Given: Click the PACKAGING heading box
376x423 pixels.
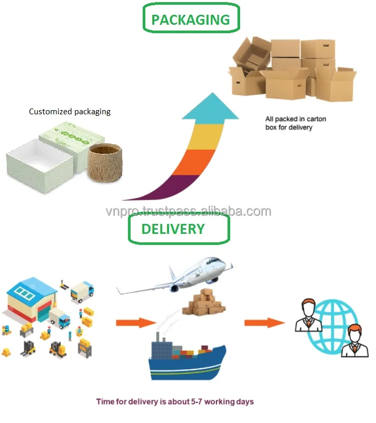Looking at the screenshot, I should (x=190, y=19).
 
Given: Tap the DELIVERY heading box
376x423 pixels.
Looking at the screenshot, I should (x=179, y=229).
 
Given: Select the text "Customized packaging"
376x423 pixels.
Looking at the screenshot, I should (x=70, y=112).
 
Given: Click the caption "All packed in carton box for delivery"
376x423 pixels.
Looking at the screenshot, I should (x=295, y=123).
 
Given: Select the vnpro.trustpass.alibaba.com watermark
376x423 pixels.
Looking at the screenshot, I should (x=188, y=212).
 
